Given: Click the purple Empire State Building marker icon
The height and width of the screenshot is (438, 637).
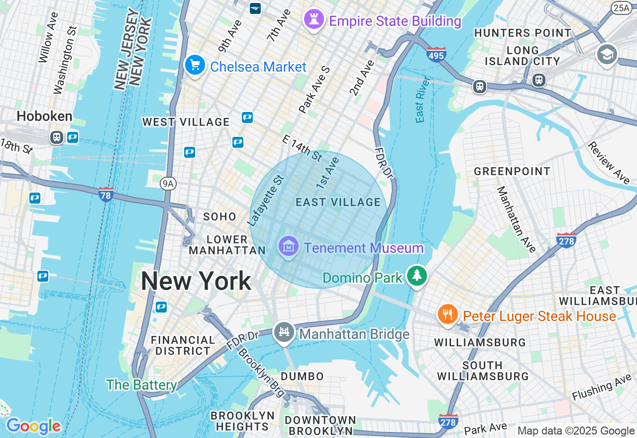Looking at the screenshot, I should tap(314, 20).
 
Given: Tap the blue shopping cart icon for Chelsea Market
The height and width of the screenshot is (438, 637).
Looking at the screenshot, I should tap(195, 65).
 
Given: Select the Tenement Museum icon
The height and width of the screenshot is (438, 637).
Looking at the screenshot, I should tap(288, 246).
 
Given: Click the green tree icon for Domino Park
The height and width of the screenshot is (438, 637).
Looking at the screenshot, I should tap(417, 276).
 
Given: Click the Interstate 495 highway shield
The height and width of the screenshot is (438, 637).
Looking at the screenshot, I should tap(436, 54).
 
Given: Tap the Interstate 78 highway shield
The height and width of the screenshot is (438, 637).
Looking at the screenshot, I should tap(106, 194).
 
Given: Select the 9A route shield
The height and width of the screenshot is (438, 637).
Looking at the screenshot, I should tap(168, 184).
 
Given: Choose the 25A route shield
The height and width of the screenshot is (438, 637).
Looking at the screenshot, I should tap(621, 7).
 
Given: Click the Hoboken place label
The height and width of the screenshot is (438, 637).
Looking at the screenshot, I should tap(44, 116).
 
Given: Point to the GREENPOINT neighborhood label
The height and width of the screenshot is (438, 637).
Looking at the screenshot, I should tap(512, 172).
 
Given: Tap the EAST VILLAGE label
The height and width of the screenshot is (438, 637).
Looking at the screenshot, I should tap(338, 202).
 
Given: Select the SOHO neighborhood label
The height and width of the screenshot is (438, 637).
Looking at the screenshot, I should tap(219, 217).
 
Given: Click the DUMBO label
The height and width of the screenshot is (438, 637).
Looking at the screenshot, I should tap(302, 376).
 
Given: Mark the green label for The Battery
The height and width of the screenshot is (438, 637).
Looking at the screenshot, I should tap(141, 385).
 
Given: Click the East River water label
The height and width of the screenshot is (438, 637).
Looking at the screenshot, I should tap(422, 100).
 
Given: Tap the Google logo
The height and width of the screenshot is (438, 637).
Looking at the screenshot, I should tap(33, 426).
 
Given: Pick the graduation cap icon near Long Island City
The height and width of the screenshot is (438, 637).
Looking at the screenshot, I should tap(607, 55).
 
